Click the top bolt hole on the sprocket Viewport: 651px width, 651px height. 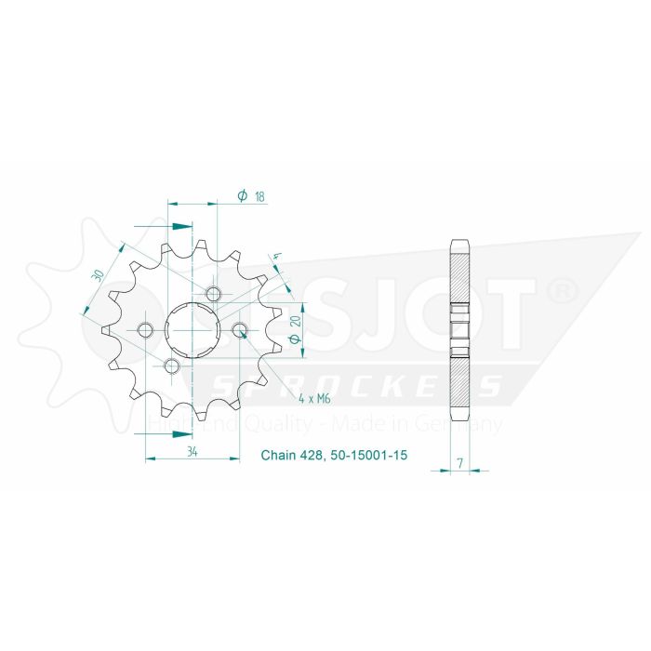pyautogui.click(x=216, y=295)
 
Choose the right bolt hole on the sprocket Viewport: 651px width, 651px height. pyautogui.click(x=240, y=329)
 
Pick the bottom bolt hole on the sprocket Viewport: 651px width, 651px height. pyautogui.click(x=171, y=365)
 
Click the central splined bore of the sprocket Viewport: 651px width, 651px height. pyautogui.click(x=193, y=329)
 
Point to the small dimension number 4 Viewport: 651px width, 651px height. pyautogui.click(x=276, y=257)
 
